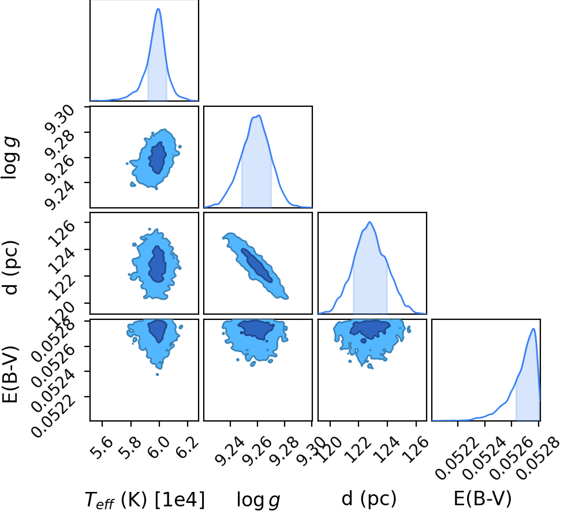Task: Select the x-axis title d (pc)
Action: click(369, 499)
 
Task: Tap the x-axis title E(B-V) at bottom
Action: click(483, 499)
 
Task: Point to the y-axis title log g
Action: click(10, 158)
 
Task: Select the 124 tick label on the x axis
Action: click(387, 449)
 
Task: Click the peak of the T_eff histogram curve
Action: click(158, 9)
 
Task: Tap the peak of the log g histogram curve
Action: click(259, 115)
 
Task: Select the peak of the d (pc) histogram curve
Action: click(369, 222)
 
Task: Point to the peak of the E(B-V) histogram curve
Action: click(533, 329)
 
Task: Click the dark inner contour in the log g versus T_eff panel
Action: click(158, 158)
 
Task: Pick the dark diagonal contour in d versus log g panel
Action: click(256, 265)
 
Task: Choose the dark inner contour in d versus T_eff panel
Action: click(157, 264)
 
